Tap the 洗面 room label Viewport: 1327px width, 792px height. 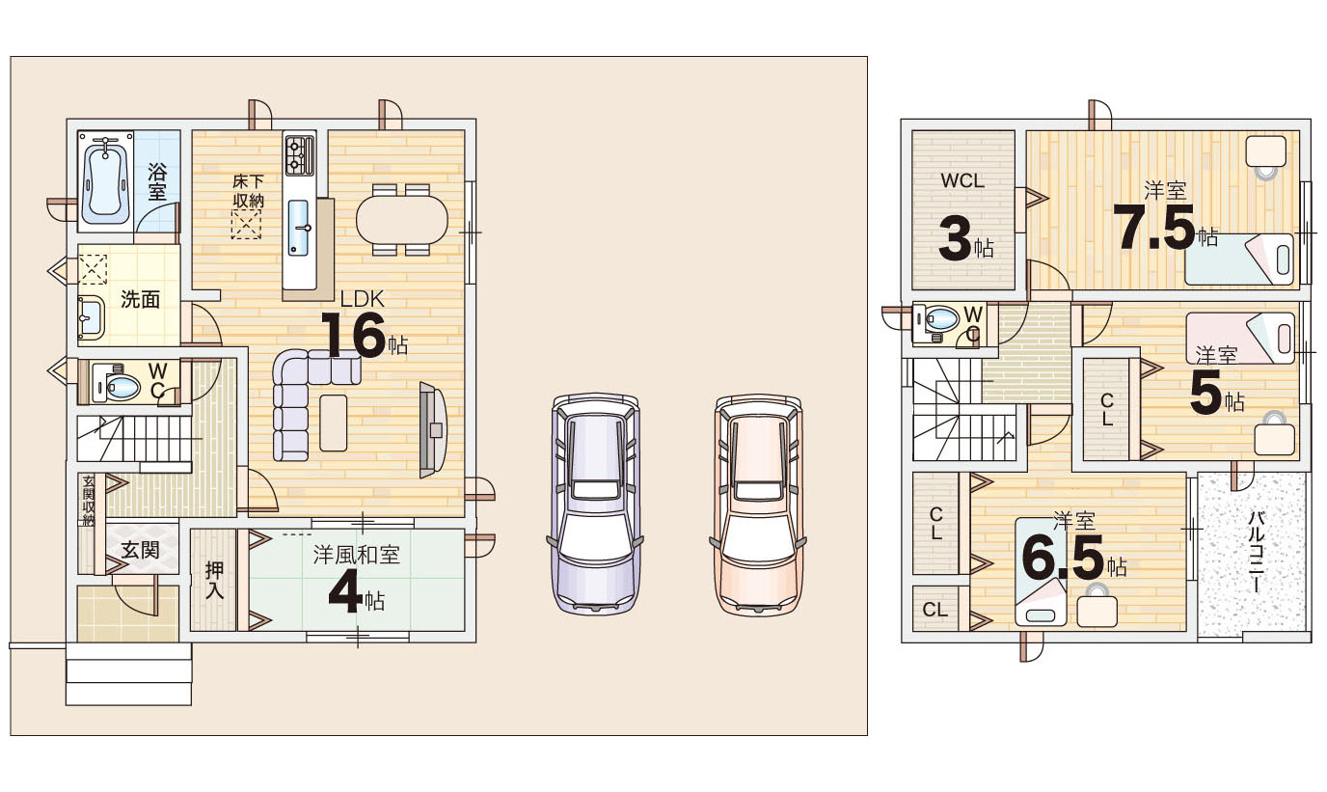[141, 300]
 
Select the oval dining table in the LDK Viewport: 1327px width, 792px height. [402, 220]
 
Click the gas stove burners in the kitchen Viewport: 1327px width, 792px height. [300, 155]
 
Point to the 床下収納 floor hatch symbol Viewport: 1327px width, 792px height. [246, 225]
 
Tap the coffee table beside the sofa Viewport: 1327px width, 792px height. [333, 423]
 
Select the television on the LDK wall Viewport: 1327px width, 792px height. [432, 429]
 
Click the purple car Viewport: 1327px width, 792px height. [595, 504]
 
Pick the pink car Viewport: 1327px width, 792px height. [758, 505]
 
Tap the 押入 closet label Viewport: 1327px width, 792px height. [214, 581]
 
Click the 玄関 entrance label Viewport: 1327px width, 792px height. [141, 550]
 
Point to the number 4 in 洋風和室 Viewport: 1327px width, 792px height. [345, 594]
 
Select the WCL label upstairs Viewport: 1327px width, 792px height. [962, 180]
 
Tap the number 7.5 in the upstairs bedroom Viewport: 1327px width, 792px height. [1154, 228]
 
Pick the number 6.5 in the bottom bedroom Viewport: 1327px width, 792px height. [1063, 558]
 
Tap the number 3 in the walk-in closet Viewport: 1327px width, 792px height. [955, 238]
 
